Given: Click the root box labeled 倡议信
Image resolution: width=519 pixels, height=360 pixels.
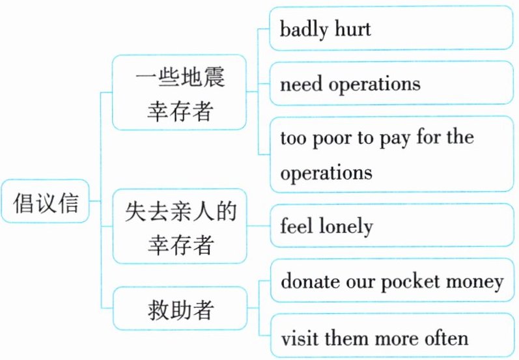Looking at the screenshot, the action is click(46, 204).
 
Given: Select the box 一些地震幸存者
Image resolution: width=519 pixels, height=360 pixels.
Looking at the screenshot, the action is click(180, 93).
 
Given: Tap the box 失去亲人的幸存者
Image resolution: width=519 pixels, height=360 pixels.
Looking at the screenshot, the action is click(180, 226).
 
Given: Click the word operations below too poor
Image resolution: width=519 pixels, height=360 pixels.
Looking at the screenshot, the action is click(326, 174).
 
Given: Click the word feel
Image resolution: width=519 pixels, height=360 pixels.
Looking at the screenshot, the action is click(297, 226).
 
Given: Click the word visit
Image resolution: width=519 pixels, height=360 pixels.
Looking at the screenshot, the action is click(300, 338).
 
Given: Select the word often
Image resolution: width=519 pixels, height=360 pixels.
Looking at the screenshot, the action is click(444, 338).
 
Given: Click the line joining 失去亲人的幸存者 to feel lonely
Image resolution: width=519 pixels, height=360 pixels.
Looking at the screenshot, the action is click(259, 226).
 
